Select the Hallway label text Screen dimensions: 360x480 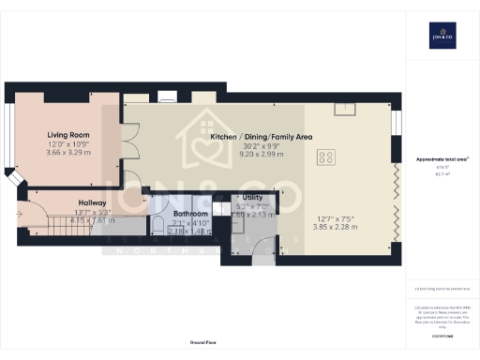pos(92,202)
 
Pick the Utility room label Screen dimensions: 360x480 pos(249,198)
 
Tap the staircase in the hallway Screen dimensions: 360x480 pos(47,221)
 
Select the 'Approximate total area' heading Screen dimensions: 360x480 pos(441,159)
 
